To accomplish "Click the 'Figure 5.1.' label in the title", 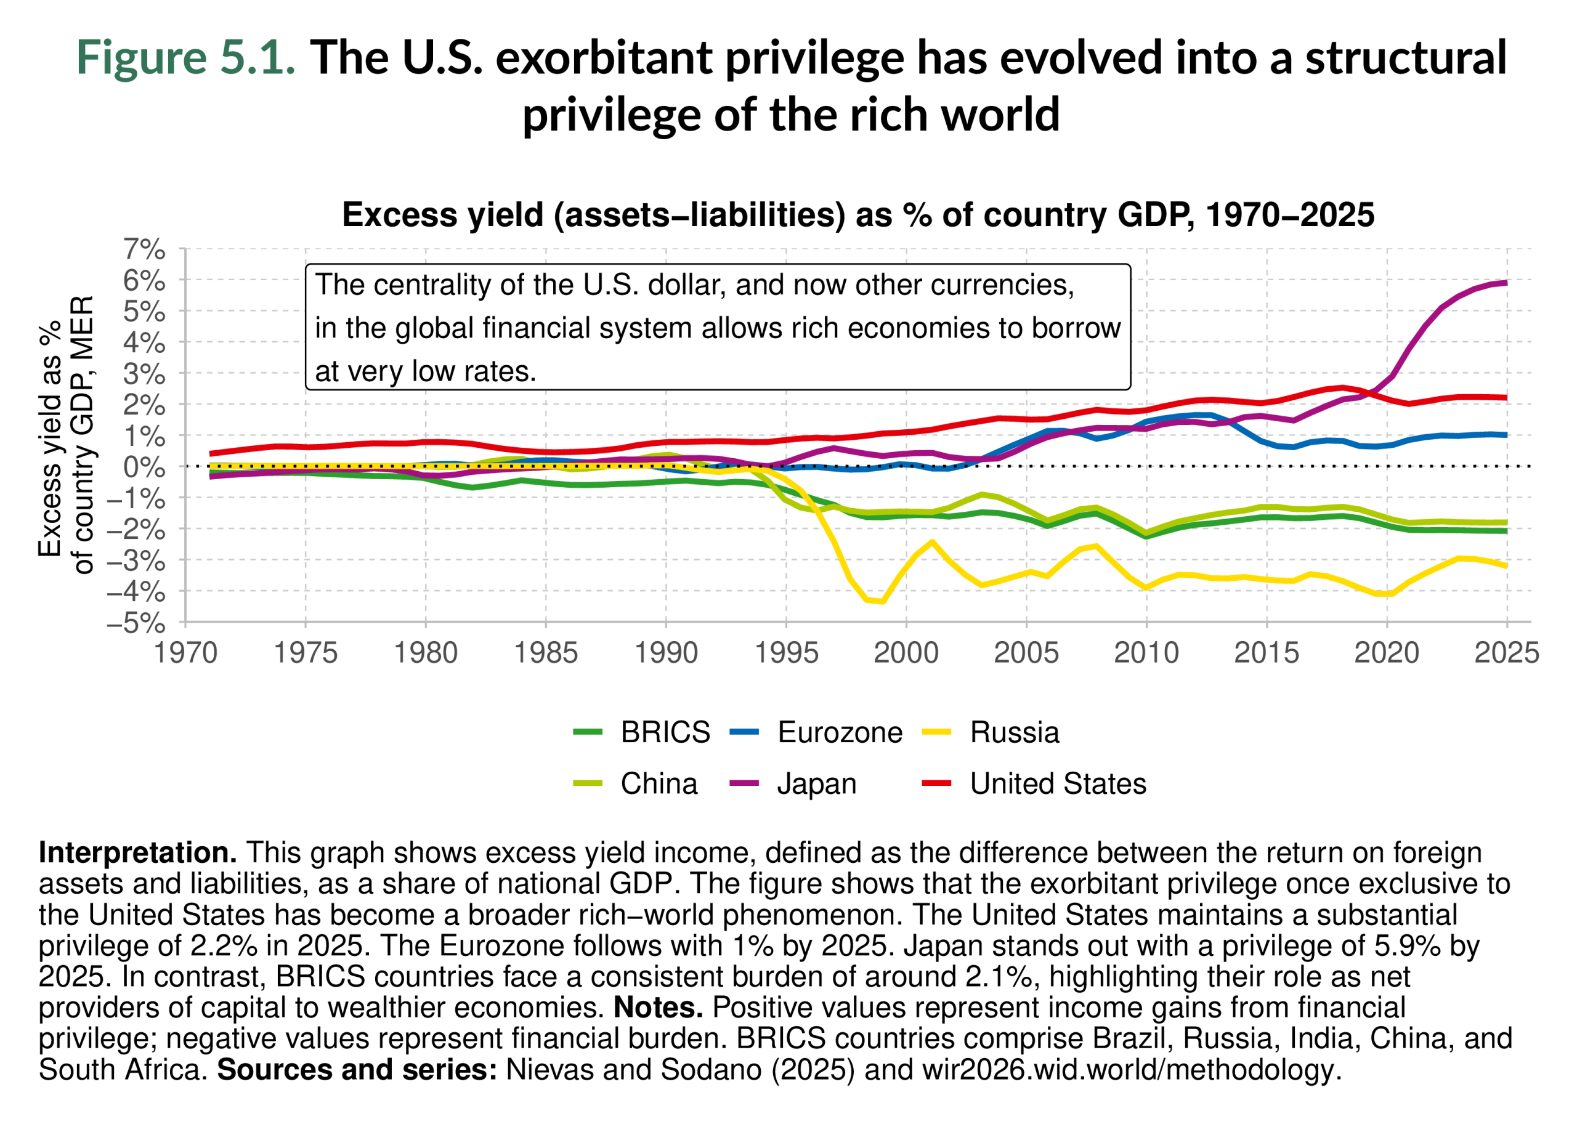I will (x=185, y=57).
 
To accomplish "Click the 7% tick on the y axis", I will (x=145, y=249).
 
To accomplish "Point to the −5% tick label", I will (x=136, y=623).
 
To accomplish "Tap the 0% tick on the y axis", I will (x=145, y=466).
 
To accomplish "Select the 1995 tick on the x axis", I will (x=786, y=653).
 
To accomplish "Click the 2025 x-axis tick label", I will (x=1506, y=653).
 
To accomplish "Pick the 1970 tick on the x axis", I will (x=185, y=653).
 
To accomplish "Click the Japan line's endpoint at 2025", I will (x=1506, y=282).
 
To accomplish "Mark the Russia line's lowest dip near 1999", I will (x=882, y=600).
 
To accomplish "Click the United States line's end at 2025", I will (x=1506, y=397).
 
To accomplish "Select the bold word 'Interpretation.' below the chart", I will (x=138, y=852).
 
